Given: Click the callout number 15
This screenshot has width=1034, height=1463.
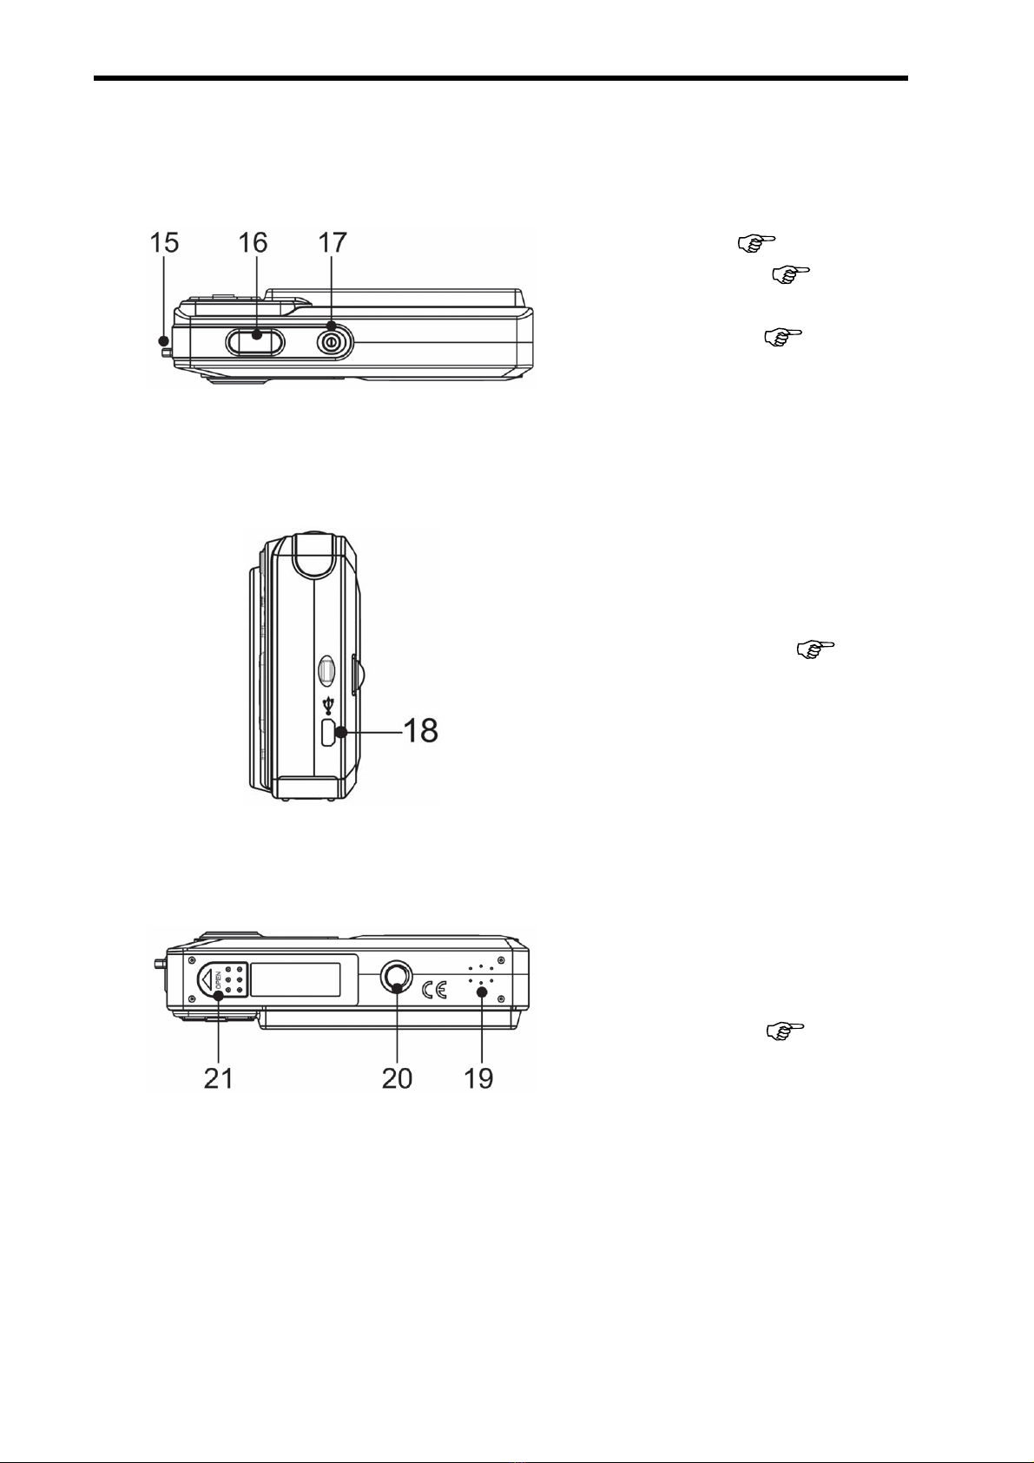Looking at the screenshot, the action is [165, 243].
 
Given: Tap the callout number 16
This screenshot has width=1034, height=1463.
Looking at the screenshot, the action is [253, 243].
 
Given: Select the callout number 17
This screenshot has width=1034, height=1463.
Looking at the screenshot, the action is [333, 243].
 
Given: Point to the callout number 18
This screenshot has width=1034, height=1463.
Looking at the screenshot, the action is [421, 731].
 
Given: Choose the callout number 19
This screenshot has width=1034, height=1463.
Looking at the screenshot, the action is [478, 1078].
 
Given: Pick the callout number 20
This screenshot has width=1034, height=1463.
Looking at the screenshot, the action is [397, 1078].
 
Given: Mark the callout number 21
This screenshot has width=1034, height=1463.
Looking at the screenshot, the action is [219, 1078].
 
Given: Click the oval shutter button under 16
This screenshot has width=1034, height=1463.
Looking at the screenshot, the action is [255, 341].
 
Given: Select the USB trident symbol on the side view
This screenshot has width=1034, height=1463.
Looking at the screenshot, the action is [328, 705].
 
